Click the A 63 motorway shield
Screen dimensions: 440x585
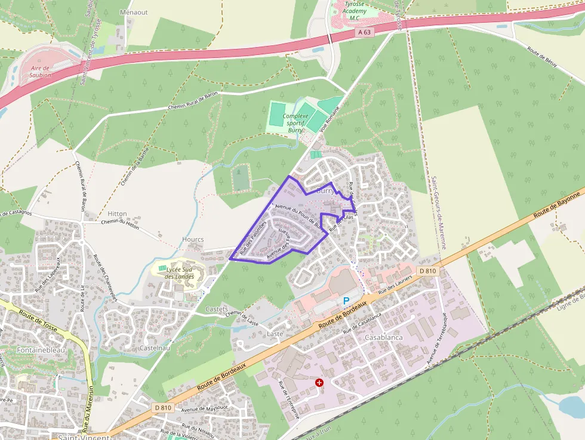click(x=364, y=32)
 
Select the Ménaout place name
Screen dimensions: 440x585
click(x=134, y=12)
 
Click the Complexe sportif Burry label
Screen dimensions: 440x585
click(x=295, y=123)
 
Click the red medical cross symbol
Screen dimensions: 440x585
click(x=319, y=382)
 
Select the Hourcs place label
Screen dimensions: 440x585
click(x=193, y=239)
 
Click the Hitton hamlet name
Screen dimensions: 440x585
click(x=117, y=214)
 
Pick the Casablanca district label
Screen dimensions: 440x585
click(x=383, y=337)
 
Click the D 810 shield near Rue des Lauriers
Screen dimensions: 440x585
click(x=428, y=271)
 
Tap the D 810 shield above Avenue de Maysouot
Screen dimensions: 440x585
click(x=162, y=408)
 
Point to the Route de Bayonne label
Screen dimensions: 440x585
click(x=556, y=205)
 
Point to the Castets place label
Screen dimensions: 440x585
click(x=216, y=309)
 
